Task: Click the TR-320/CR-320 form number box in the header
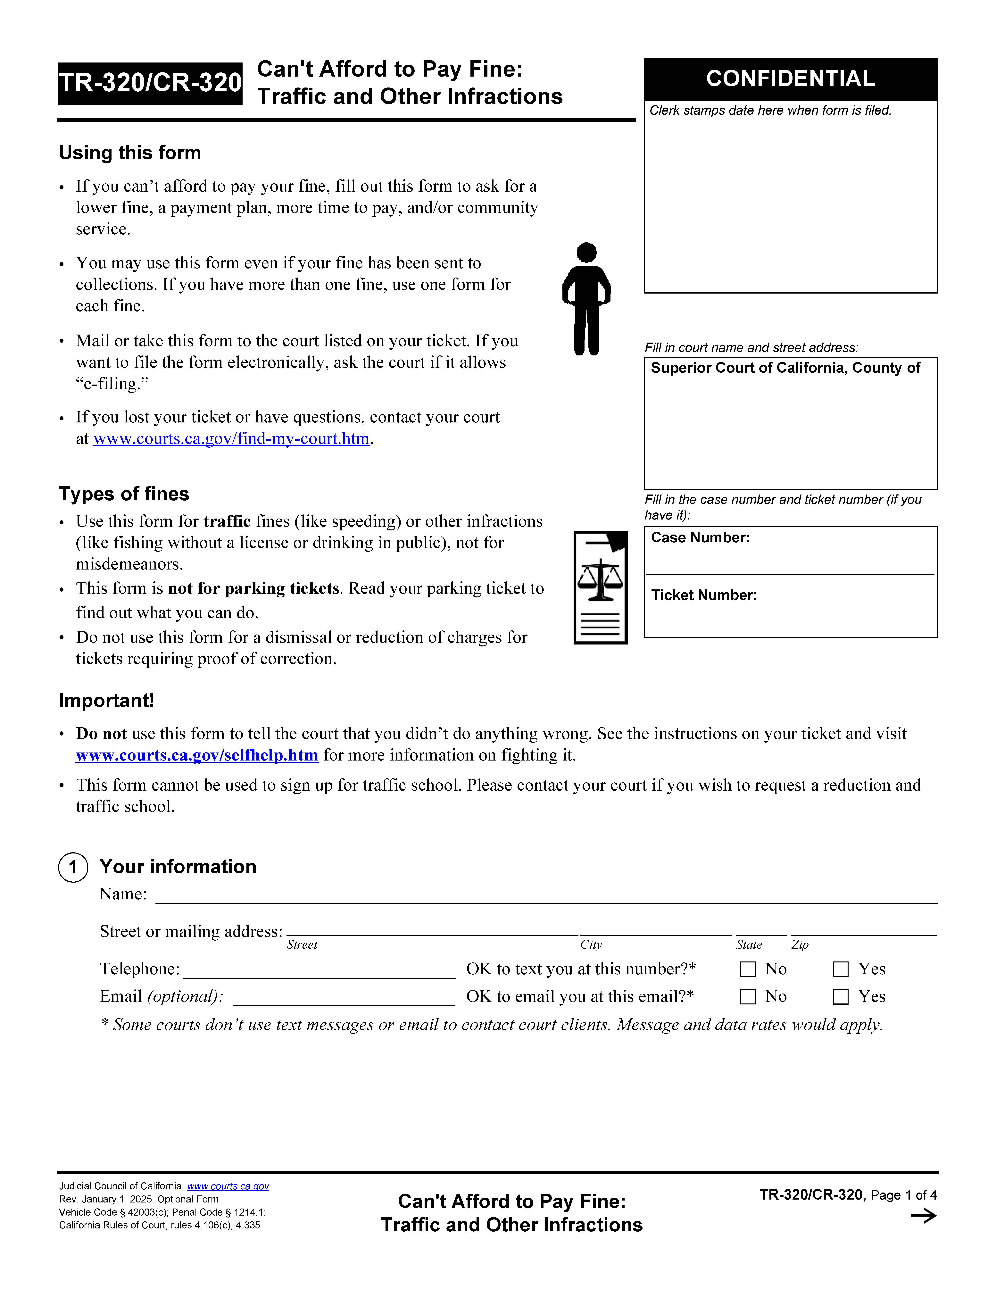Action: click(150, 83)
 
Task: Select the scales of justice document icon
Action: click(600, 587)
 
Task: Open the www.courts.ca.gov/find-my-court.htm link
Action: click(231, 438)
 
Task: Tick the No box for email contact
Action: click(748, 997)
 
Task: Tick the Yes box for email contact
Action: click(840, 997)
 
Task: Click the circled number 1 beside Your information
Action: click(73, 867)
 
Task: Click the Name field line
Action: click(546, 896)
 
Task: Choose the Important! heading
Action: click(106, 701)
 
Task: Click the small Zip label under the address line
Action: click(800, 945)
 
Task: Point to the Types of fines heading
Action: click(124, 494)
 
